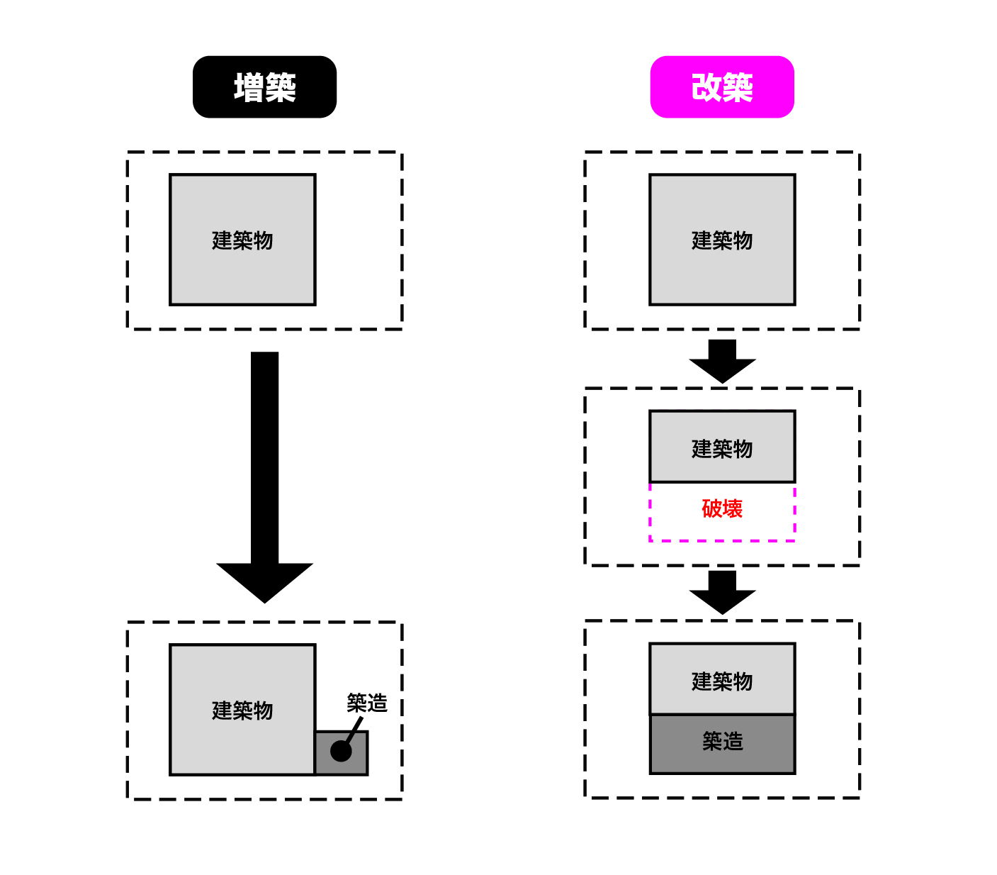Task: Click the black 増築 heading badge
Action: pos(264,87)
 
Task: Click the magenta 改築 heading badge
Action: pos(722,87)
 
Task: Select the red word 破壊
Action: pos(722,508)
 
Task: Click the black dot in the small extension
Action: pos(341,751)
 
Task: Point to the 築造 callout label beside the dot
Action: pos(367,703)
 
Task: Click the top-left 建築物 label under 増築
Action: pos(242,240)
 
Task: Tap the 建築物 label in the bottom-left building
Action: pos(242,710)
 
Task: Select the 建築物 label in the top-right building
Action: pos(722,240)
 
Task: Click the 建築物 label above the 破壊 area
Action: pos(722,448)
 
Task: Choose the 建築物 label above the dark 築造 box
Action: pos(722,681)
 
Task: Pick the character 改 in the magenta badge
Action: pos(706,87)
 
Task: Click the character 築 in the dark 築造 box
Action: pos(712,742)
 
